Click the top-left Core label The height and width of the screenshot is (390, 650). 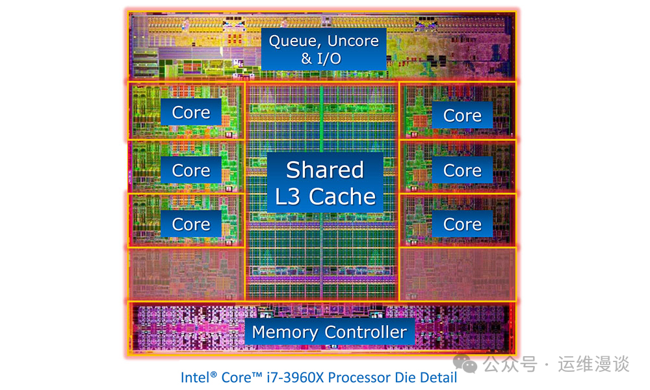point(191,112)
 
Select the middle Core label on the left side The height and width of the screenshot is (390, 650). point(191,170)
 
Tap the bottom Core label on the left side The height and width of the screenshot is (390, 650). point(191,224)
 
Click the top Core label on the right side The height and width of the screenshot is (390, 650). point(462,116)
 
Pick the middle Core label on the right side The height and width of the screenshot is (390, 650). point(462,170)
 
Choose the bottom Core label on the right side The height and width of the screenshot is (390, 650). point(462,224)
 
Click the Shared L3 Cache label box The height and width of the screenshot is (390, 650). point(324,183)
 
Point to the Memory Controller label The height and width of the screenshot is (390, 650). point(329,332)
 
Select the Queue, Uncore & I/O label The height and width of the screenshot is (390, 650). point(324,49)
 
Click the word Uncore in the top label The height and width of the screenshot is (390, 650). point(353,41)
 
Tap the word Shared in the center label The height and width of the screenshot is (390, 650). point(324,170)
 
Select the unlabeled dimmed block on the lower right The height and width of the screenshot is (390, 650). point(457,274)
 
